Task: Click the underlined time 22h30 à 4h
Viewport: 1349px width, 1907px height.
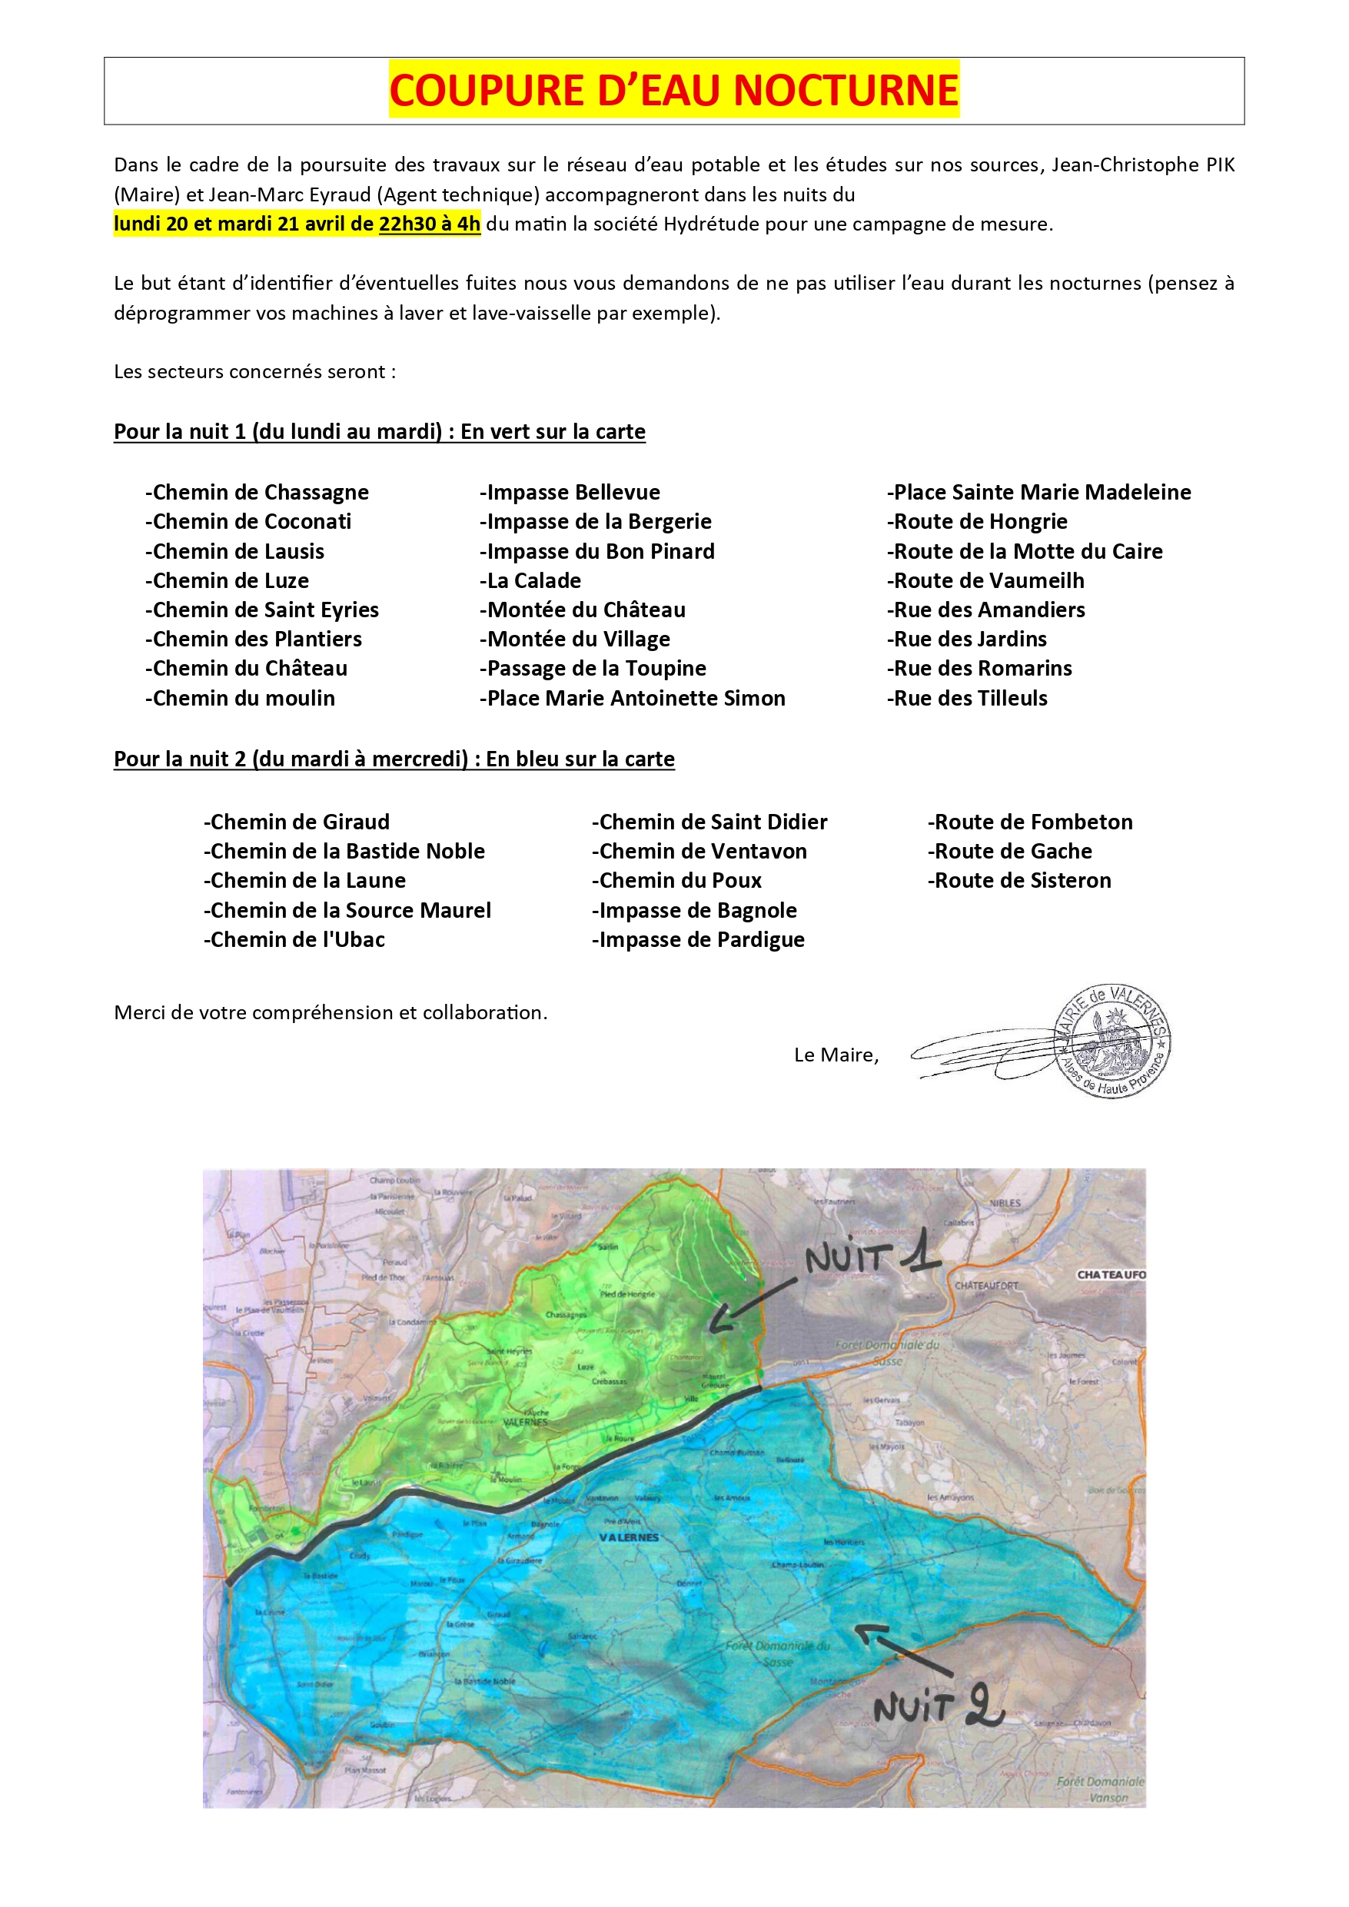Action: [x=430, y=224]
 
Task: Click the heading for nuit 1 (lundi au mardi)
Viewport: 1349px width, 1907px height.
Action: [x=380, y=432]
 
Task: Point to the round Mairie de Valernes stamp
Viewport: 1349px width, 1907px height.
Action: [x=1112, y=1041]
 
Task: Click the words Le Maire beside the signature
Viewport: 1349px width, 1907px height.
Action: [x=836, y=1055]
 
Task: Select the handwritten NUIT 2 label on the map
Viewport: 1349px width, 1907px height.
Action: [x=938, y=1708]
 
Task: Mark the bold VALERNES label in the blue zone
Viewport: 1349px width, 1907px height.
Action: [x=629, y=1537]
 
